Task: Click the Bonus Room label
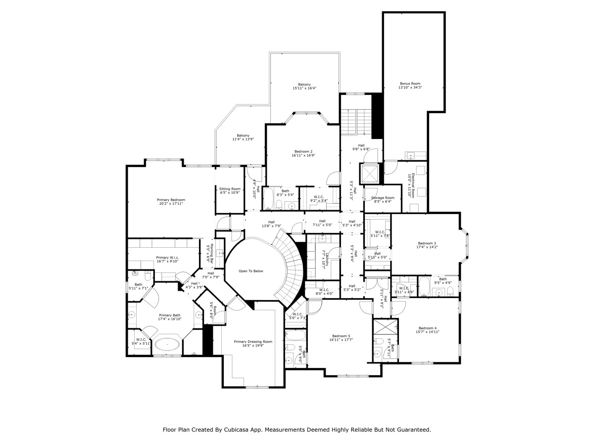coord(410,84)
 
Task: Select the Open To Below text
coord(251,271)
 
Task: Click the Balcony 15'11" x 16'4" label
coord(304,85)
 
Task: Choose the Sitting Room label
coord(230,188)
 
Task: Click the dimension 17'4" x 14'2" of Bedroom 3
coord(427,247)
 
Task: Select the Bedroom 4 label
coord(427,328)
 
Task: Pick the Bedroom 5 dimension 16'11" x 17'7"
coord(341,340)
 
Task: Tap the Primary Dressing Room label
coord(253,342)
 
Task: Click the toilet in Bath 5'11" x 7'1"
coord(135,273)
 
